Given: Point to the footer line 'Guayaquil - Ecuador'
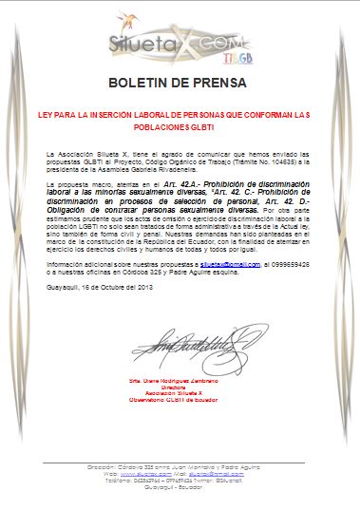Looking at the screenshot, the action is [180, 487].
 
